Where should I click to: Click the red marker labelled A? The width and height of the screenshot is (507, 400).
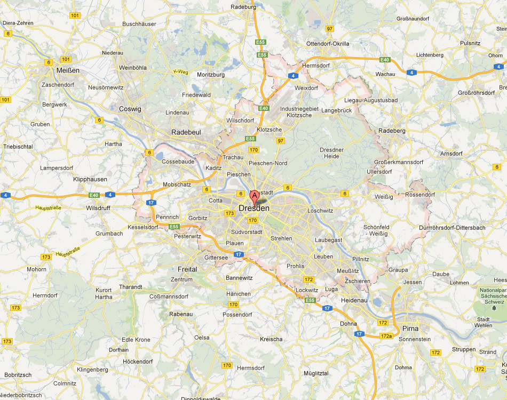tap(255, 196)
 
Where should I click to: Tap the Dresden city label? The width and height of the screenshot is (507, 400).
tap(254, 209)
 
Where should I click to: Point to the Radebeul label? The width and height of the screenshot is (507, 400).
tap(185, 132)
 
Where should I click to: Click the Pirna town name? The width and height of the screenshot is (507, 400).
tap(410, 327)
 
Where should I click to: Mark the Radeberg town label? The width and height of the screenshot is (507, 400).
tap(392, 131)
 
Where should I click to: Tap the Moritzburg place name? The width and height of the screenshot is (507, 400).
tap(211, 75)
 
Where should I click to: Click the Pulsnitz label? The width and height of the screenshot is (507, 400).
tap(470, 43)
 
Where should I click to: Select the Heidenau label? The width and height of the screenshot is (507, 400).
tap(354, 301)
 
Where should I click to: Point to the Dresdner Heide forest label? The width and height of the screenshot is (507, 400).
tap(331, 153)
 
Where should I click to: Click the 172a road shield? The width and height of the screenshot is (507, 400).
tap(386, 335)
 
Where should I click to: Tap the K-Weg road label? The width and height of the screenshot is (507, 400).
tap(181, 72)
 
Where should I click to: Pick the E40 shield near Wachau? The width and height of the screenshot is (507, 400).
tap(384, 60)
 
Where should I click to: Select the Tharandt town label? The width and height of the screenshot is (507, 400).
tap(131, 287)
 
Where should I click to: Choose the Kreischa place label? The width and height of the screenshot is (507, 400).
tap(271, 339)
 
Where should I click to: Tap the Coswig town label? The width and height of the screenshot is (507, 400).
tap(130, 109)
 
